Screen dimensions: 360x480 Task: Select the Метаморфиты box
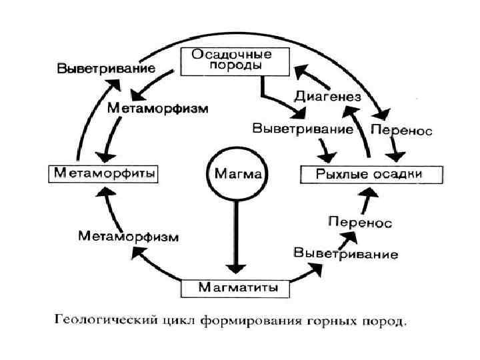[103, 173]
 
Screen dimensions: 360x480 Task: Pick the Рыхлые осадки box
[371, 175]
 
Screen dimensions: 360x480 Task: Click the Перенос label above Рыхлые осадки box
[401, 129]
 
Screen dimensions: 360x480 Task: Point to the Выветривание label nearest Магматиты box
[346, 253]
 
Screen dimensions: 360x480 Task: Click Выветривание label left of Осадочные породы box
[106, 69]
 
